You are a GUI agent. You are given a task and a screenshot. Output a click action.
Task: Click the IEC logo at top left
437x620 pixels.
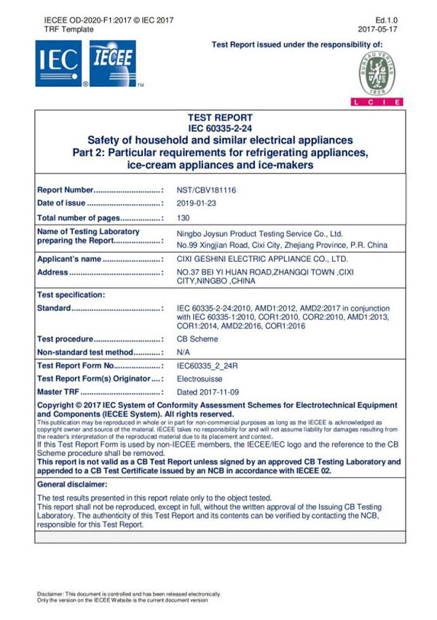coord(59,63)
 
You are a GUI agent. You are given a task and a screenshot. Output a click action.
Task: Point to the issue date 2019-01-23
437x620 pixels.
coord(197,203)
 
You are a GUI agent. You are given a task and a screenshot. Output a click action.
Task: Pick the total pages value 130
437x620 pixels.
coord(184,217)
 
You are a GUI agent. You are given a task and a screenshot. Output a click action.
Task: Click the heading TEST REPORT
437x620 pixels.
coord(220,117)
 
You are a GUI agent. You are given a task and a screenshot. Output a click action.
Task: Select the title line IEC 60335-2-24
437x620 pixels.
coord(220,128)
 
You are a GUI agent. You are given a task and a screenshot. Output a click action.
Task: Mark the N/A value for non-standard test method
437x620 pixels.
coord(184,352)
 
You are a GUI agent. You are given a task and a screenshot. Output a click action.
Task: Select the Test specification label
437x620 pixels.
coord(71,295)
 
